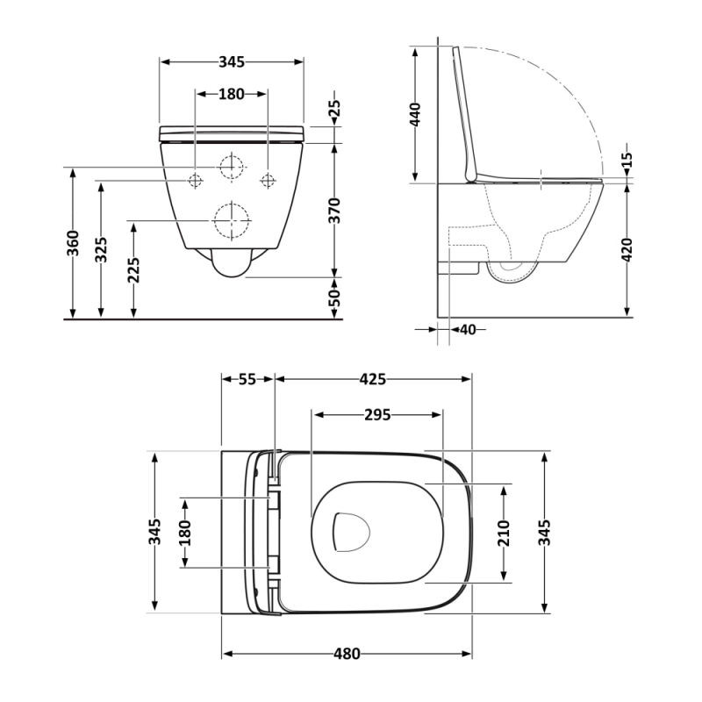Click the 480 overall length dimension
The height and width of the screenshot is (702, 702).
coord(347,654)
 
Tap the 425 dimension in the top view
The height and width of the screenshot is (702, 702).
coord(372,379)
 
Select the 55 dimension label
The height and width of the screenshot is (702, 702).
coord(247,379)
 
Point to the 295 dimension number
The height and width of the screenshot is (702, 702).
coord(377,415)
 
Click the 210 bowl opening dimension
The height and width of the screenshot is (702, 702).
coord(504,534)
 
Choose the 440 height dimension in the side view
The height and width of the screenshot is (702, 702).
coord(415,115)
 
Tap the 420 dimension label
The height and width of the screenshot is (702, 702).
coord(627,250)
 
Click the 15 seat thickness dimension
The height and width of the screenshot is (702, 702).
coord(627,160)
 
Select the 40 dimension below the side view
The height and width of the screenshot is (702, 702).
coord(468,330)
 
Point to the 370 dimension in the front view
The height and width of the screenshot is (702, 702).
coord(334,211)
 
